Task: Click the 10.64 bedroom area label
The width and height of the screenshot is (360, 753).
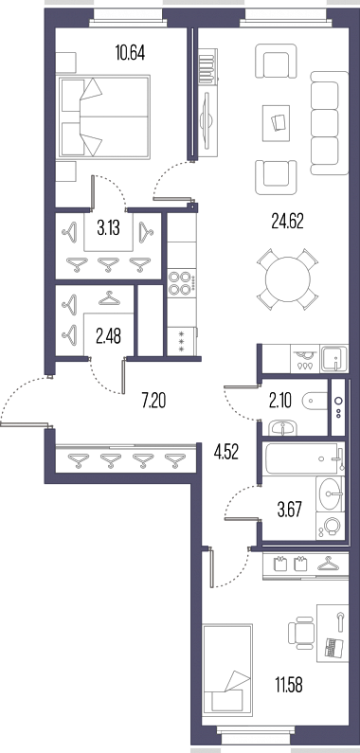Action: pos(130,52)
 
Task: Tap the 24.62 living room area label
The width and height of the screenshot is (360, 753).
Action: pos(287,222)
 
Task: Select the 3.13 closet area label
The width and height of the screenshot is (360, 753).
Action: pos(108,228)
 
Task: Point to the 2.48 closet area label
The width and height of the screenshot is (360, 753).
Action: pos(108,336)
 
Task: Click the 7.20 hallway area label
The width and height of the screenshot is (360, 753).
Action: pos(153,400)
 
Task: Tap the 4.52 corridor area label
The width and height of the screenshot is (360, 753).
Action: pos(225,453)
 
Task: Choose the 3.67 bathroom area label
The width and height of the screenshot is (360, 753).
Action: pos(290,510)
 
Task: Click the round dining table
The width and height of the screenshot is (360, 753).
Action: pos(288,279)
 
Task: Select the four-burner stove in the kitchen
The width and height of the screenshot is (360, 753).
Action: pos(182,283)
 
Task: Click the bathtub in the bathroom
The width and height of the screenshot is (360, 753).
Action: pos(303,458)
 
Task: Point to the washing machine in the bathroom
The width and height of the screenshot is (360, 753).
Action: pos(331,527)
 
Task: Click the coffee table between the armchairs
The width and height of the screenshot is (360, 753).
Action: pos(277,123)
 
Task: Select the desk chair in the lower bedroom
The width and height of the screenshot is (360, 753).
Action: pos(301,634)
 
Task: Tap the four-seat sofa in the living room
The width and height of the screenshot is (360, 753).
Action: pos(330,123)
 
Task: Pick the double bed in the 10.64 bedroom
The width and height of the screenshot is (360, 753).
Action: pos(104,117)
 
